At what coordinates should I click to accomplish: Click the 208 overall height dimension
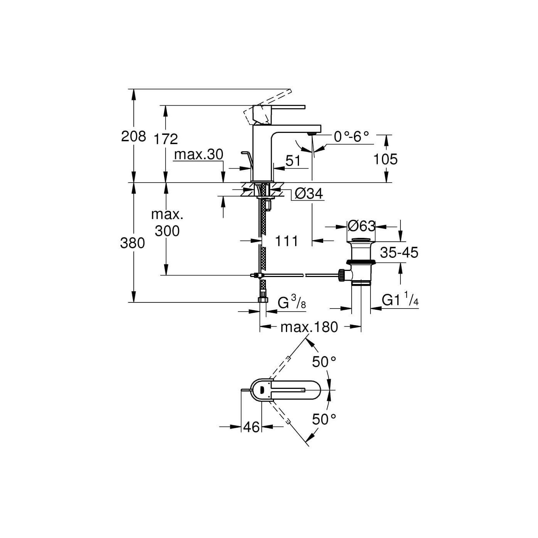pos(133,136)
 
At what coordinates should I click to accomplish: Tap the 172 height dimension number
pos(166,139)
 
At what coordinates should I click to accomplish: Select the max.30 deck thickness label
pos(199,154)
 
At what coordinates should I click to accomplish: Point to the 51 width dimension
pos(293,161)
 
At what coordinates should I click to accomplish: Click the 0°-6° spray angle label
pos(352,137)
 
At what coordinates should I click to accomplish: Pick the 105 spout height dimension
pos(385,159)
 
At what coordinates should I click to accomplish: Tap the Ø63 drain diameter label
pos(361,226)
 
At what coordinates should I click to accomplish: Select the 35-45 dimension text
pos(399,252)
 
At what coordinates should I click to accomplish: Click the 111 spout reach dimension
pos(287,241)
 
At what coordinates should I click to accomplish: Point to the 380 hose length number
pos(132,243)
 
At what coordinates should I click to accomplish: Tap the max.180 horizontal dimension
pos(309,327)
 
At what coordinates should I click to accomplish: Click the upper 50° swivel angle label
pos(324,362)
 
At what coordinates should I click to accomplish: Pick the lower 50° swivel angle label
pos(324,427)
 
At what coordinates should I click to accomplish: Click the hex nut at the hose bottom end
pos(263,300)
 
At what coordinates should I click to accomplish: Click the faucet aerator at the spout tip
pos(312,134)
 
